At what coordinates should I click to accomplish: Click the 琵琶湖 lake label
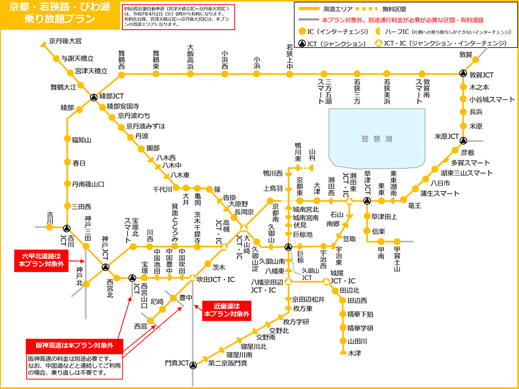click(377, 139)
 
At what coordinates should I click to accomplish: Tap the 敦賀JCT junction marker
click(463, 75)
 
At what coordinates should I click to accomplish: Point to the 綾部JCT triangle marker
click(93, 97)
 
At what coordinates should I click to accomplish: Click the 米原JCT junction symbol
click(463, 140)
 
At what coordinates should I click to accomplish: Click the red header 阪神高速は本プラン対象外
click(75, 346)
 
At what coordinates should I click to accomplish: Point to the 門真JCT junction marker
click(193, 364)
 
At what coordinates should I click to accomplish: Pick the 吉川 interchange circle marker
click(50, 227)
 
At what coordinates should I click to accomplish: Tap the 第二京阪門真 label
click(227, 364)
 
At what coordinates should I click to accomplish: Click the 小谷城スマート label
click(492, 99)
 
